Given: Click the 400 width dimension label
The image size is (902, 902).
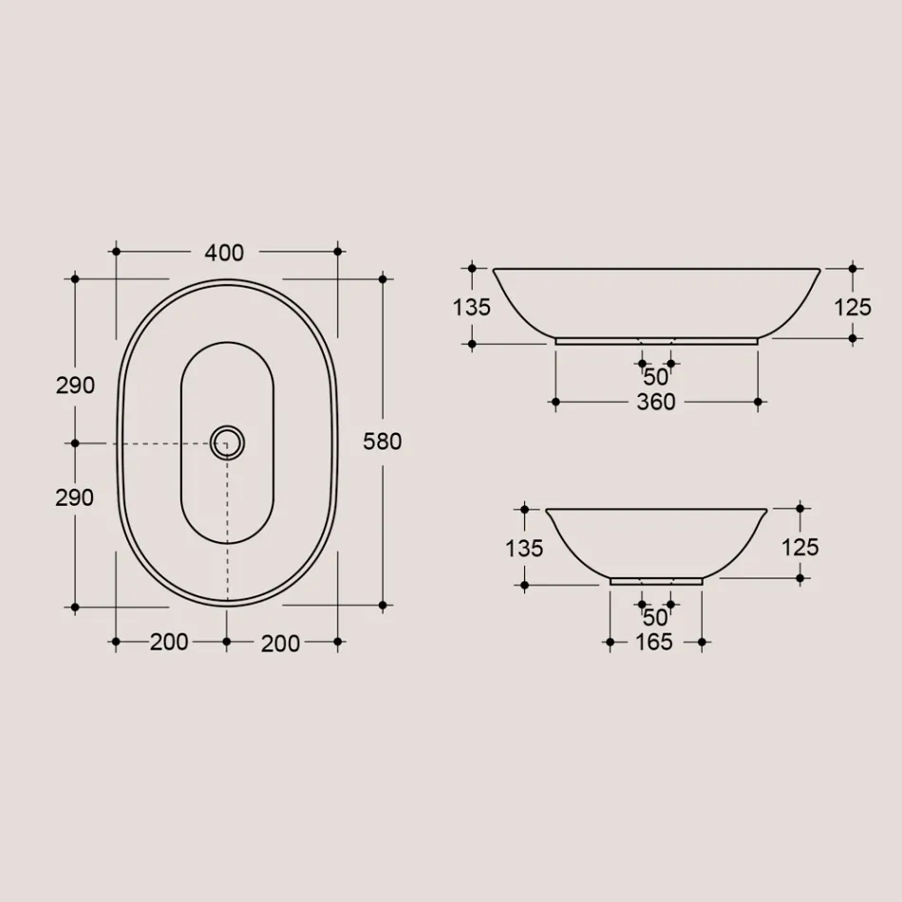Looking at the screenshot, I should (224, 253).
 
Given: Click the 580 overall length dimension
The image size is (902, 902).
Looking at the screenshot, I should (383, 442).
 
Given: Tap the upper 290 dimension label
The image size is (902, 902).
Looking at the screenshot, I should (75, 385).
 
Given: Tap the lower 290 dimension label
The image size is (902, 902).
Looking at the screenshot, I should (75, 497).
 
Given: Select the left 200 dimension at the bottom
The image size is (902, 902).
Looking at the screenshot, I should (169, 642).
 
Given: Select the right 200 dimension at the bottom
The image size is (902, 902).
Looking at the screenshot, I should (280, 643).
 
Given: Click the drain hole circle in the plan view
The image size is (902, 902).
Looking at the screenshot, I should (227, 442).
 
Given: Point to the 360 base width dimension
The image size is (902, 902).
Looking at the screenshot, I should (656, 403).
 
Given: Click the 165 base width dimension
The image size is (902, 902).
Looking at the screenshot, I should (654, 643).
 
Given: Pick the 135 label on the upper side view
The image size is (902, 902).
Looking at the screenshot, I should (472, 307).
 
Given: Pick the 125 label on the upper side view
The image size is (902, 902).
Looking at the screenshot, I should (852, 307).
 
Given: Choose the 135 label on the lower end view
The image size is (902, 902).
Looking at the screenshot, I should (524, 548).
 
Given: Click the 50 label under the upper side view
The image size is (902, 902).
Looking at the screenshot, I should (656, 377).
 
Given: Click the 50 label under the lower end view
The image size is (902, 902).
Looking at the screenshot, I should (655, 617).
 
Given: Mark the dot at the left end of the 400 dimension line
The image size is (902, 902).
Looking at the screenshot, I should (116, 252).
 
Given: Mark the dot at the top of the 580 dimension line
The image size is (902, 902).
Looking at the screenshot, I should (383, 279).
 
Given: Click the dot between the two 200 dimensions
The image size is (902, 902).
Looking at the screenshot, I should (226, 642).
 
